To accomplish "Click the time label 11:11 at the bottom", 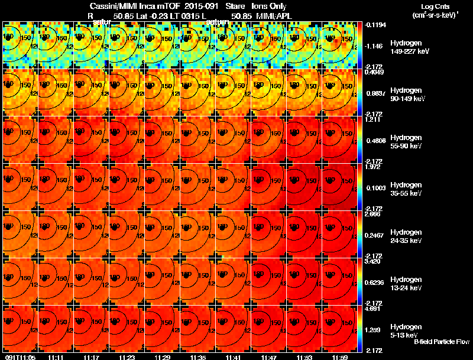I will (x=57, y=357).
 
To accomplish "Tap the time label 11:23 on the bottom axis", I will (x=127, y=357).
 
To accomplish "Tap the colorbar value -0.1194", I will (x=376, y=24).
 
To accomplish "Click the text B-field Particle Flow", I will (x=441, y=342).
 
